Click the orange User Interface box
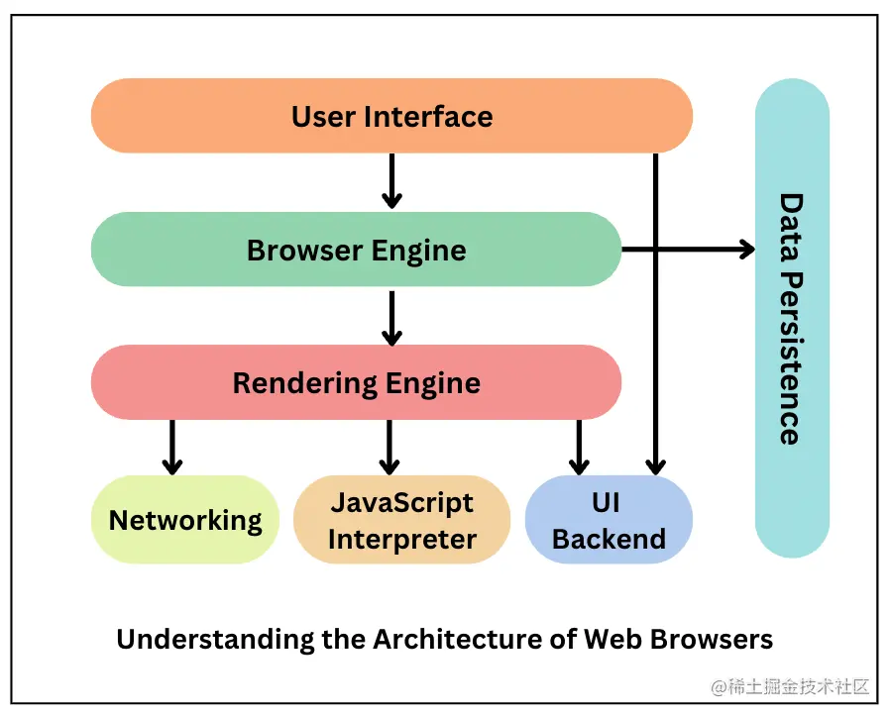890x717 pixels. pos(391,116)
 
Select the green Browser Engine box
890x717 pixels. pos(356,250)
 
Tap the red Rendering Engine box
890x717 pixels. pos(356,382)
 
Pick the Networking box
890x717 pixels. pos(185,520)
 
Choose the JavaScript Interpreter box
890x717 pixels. pos(401,520)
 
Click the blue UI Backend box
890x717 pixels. pos(608,520)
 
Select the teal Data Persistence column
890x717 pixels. pos(792,317)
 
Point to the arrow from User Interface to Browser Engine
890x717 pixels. pos(391,180)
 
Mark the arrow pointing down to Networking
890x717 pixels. pos(171,447)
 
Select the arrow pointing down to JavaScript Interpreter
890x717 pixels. pos(389,447)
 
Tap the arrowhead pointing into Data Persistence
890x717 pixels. pos(745,250)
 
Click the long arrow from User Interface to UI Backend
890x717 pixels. pos(655,317)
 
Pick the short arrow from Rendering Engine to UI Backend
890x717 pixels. pos(578,447)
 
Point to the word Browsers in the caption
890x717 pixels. pos(712,639)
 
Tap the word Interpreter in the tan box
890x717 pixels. pos(402,540)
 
